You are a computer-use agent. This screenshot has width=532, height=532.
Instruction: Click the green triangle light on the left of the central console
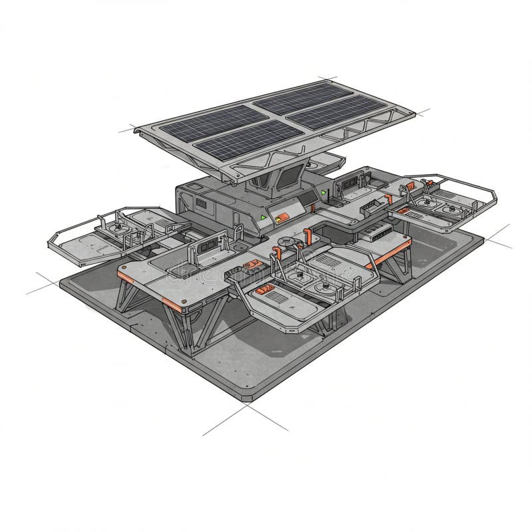coord(263,217)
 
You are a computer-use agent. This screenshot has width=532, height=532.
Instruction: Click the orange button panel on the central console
coord(281,215)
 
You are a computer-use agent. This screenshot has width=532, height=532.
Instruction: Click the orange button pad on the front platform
coord(266,291)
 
